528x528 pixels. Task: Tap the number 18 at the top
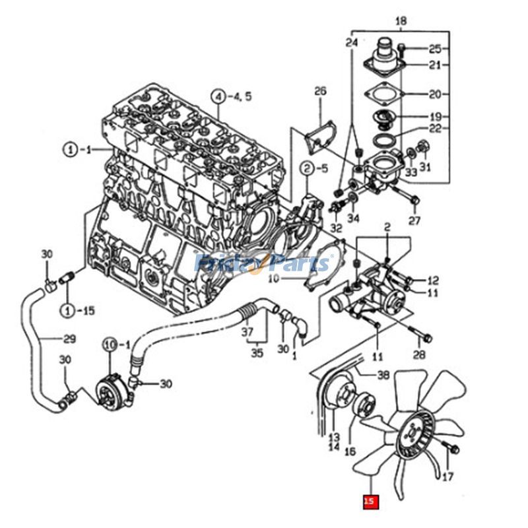(401, 22)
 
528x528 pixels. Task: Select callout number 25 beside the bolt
(434, 48)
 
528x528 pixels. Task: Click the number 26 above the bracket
(320, 92)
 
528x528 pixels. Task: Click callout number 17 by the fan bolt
(447, 476)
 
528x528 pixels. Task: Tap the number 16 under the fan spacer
(368, 451)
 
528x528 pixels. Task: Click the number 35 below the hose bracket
(256, 353)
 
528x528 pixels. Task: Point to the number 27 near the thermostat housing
(414, 220)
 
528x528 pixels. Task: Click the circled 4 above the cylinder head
(218, 96)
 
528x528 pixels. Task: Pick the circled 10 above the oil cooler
(110, 345)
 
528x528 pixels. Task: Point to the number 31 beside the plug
(425, 167)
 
